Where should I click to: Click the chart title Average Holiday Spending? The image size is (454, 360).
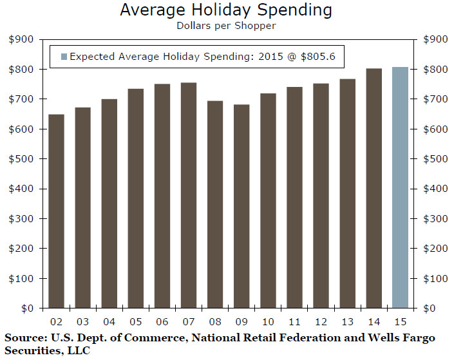pyautogui.click(x=226, y=11)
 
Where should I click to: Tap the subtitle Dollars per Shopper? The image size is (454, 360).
pyautogui.click(x=226, y=26)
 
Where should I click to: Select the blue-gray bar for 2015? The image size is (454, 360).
pyautogui.click(x=400, y=187)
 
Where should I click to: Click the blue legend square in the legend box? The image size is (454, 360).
pyautogui.click(x=62, y=56)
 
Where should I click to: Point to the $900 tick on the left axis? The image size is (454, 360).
pyautogui.click(x=21, y=39)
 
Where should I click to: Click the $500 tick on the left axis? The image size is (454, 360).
pyautogui.click(x=21, y=159)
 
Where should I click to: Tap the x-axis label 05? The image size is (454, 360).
pyautogui.click(x=136, y=322)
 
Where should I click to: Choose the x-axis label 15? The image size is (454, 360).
pyautogui.click(x=400, y=322)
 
